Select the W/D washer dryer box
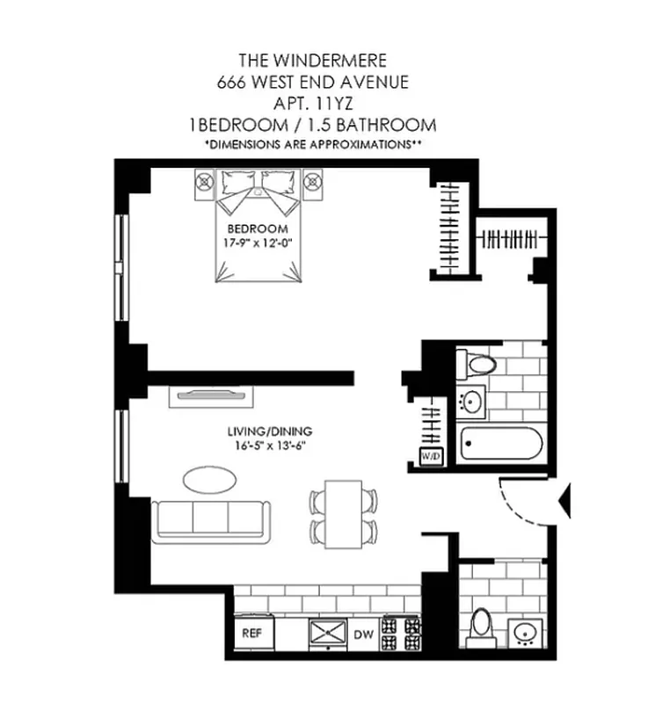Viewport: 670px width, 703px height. point(431,457)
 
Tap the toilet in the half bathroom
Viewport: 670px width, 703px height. point(480,627)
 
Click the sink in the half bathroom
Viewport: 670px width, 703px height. point(526,633)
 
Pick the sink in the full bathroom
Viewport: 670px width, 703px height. point(472,402)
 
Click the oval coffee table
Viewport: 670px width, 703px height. point(208,480)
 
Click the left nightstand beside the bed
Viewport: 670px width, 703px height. point(205,183)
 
